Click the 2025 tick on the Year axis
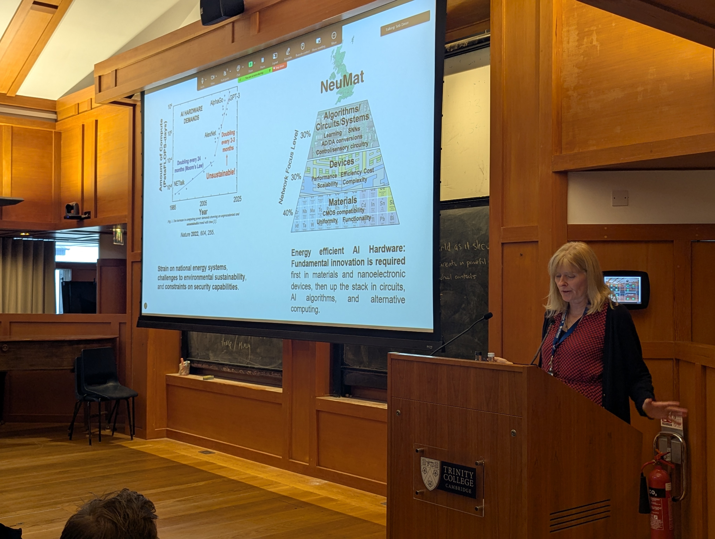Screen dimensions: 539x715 tap(238, 199)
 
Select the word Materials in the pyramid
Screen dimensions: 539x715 tap(343, 202)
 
